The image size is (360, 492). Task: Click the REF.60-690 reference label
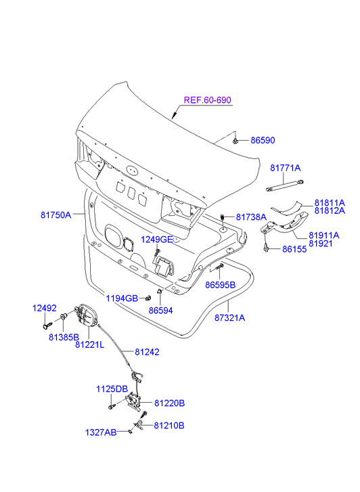208,100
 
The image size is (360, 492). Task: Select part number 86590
263,140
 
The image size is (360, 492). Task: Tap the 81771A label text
286,169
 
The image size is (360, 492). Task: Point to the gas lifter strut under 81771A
285,185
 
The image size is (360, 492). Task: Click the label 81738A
251,217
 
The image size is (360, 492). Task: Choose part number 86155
294,249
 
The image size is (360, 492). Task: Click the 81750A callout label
56,215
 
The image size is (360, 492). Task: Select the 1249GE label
156,240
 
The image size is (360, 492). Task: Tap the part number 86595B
221,285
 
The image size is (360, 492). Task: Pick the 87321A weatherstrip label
230,318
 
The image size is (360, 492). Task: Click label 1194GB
122,298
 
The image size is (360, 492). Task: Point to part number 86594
160,311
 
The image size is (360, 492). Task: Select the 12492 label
45,308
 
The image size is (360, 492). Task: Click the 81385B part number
64,337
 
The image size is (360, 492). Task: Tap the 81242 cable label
148,352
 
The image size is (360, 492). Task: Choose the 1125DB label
112,389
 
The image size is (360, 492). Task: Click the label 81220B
169,403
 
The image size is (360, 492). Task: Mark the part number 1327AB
101,432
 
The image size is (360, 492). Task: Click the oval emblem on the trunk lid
132,170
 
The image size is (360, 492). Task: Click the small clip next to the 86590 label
235,141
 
